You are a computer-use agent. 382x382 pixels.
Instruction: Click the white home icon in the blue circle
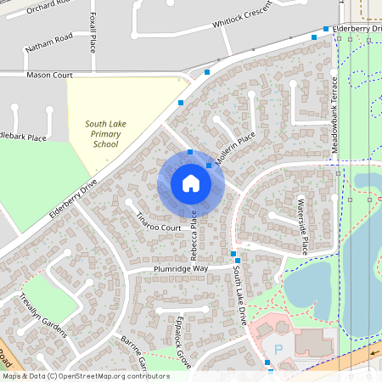pos(190,183)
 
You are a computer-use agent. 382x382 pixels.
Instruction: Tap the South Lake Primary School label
pos(106,134)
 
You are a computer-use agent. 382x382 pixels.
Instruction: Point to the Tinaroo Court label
pos(160,222)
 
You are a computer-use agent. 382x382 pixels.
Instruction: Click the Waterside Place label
pos(301,226)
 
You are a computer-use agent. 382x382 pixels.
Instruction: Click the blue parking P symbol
pos(278,350)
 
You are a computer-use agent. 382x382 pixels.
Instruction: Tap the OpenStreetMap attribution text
pos(86,376)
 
